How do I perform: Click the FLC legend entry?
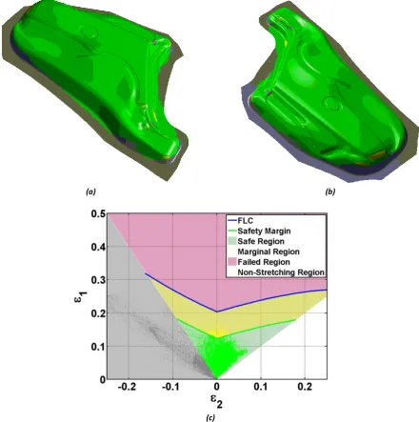click(240, 220)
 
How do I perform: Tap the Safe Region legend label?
click(255, 241)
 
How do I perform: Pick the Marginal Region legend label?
click(269, 251)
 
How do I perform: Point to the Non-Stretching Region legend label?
click(281, 272)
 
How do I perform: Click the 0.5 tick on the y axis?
click(98, 213)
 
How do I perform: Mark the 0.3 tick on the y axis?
click(98, 280)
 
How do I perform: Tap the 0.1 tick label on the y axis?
click(98, 347)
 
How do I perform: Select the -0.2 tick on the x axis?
click(128, 388)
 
